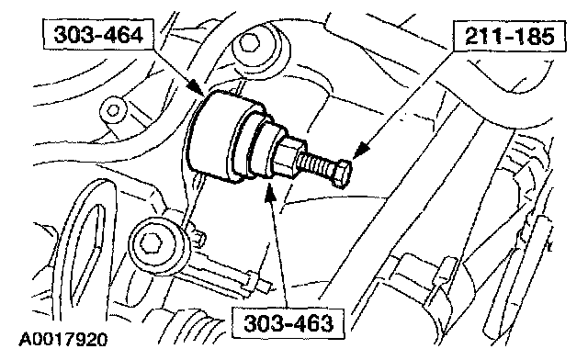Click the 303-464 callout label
click(x=98, y=35)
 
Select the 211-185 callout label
click(x=509, y=36)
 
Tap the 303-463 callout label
click(x=288, y=323)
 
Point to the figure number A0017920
click(x=63, y=340)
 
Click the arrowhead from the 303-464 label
click(x=196, y=87)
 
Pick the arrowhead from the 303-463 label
click(x=270, y=192)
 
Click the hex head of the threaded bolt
click(x=342, y=173)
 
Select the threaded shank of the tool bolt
click(x=315, y=165)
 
